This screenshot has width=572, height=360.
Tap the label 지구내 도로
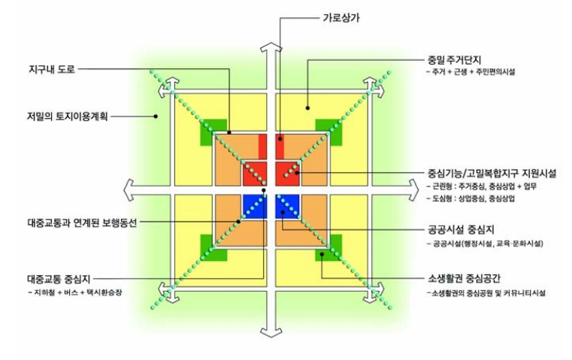pos(50,69)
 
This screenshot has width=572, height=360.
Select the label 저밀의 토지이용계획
pos(66,116)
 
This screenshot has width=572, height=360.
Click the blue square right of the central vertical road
pos(289,206)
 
